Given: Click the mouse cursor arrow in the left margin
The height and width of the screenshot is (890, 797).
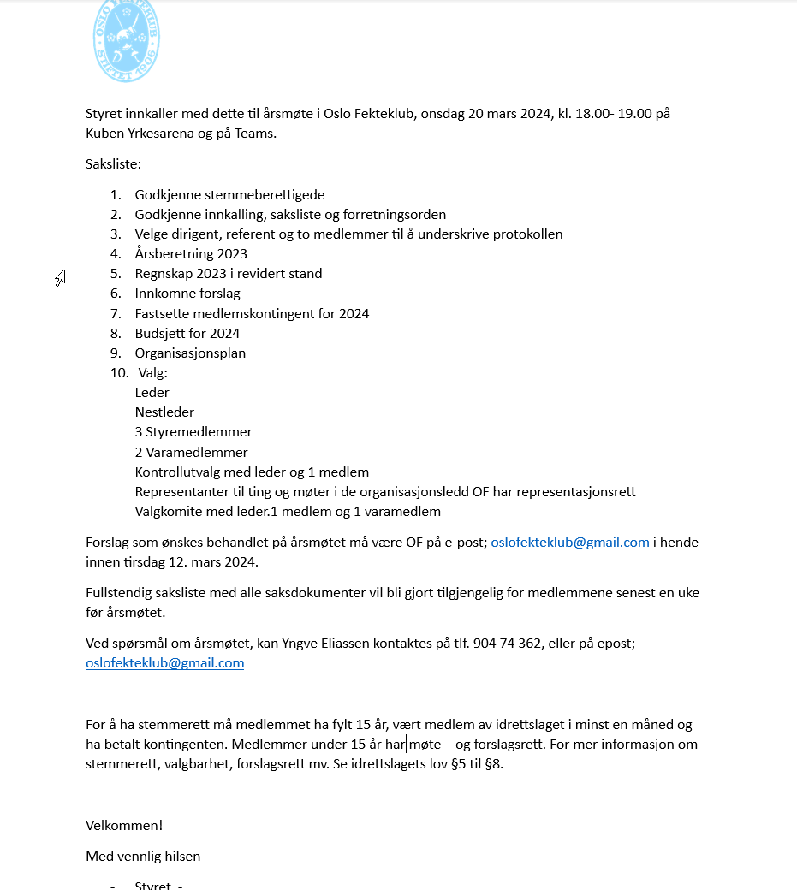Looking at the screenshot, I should (61, 277).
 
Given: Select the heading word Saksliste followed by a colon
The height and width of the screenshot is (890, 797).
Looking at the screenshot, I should (113, 163).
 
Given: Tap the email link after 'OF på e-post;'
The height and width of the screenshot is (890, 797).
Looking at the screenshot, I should (569, 543).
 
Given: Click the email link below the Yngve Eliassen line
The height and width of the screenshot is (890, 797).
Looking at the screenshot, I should (164, 663).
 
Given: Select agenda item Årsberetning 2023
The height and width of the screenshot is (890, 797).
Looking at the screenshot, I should (191, 254).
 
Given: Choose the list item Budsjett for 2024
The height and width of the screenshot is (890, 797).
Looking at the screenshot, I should (187, 334).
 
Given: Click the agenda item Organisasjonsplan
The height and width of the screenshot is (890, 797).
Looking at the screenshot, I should (190, 353).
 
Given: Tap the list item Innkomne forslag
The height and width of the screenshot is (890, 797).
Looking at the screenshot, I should (187, 294).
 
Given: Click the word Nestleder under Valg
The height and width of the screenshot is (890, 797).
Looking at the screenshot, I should (164, 412).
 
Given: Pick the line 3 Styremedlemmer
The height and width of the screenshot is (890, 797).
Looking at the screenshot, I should (193, 432).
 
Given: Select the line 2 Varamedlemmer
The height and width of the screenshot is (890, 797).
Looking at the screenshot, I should (191, 453).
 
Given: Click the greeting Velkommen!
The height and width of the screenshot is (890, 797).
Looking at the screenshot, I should (124, 826).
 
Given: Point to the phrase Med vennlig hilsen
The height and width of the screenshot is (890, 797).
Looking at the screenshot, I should (143, 857).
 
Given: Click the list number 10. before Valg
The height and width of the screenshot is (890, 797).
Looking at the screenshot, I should (118, 373).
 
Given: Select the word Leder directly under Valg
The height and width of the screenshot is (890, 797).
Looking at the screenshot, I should (152, 393).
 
